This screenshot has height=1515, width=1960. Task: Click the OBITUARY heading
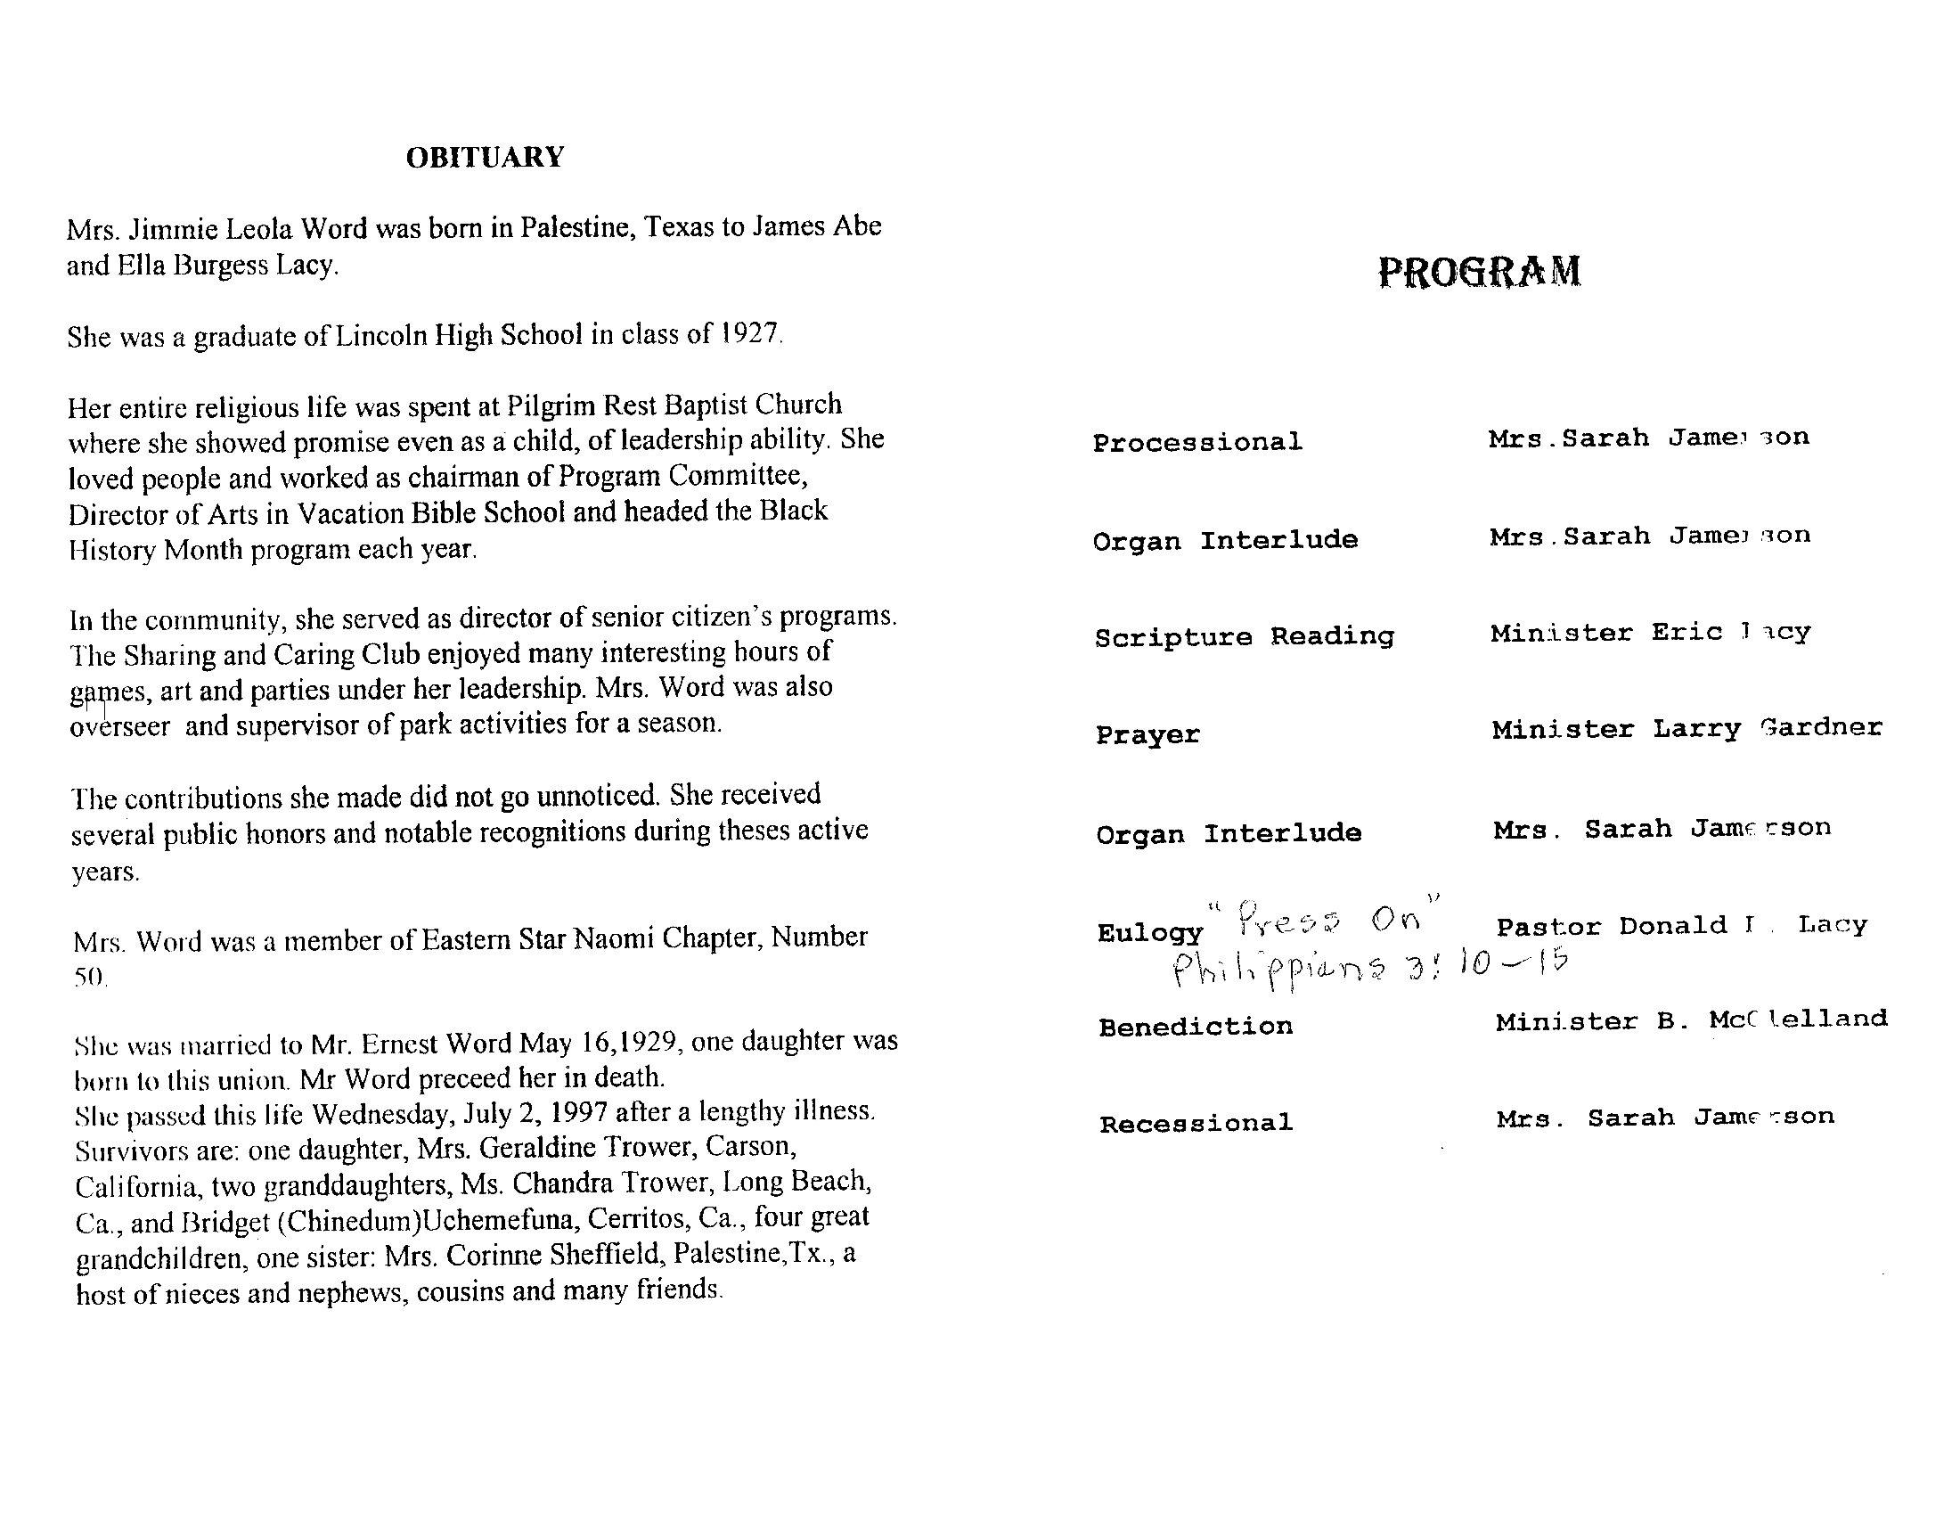(485, 158)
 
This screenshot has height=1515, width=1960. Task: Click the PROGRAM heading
(1479, 271)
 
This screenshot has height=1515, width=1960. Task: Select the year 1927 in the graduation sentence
(751, 334)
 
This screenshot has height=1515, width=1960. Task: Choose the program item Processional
(1197, 443)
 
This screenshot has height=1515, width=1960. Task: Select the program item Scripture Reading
(1244, 637)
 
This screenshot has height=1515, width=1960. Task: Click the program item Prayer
(1147, 735)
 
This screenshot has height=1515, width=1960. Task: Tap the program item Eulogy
(1148, 933)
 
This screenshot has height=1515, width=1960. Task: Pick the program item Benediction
(1196, 1027)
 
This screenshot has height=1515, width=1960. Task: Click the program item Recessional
(1196, 1124)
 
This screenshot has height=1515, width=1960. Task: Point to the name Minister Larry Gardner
(1686, 729)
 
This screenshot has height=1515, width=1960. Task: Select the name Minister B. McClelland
(1691, 1021)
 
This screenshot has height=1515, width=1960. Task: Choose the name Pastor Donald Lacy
(1681, 926)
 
